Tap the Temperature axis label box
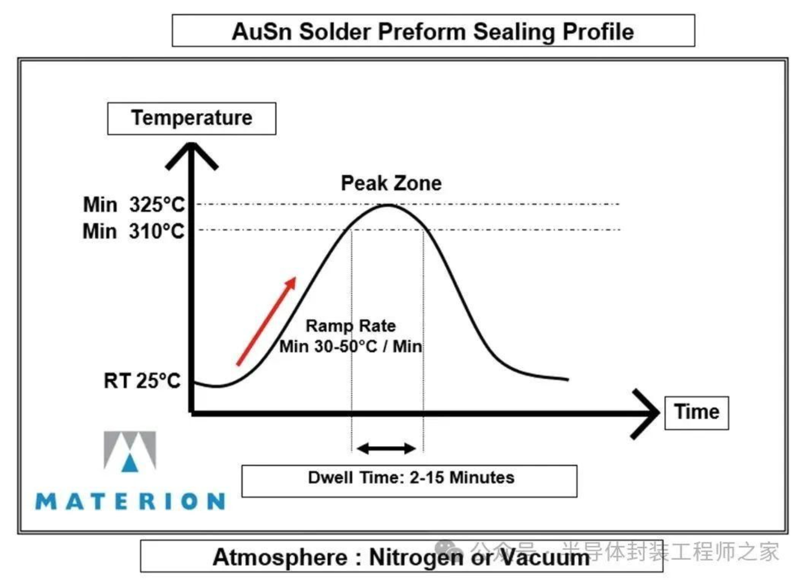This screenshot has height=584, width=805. pyautogui.click(x=192, y=118)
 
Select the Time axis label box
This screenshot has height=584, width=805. pyautogui.click(x=696, y=413)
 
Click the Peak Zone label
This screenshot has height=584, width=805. pyautogui.click(x=391, y=184)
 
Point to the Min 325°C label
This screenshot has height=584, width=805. pyautogui.click(x=134, y=205)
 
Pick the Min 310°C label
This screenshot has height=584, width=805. pyautogui.click(x=133, y=231)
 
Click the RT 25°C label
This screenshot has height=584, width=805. pyautogui.click(x=142, y=381)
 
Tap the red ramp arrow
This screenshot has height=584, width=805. pyautogui.click(x=266, y=321)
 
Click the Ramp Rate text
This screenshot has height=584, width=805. pyautogui.click(x=351, y=326)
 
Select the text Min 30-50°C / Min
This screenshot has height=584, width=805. pyautogui.click(x=351, y=346)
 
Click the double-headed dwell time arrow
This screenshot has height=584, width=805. pyautogui.click(x=386, y=448)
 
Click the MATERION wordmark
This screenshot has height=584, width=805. pyautogui.click(x=130, y=501)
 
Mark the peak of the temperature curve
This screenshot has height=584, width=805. pyautogui.click(x=389, y=205)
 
